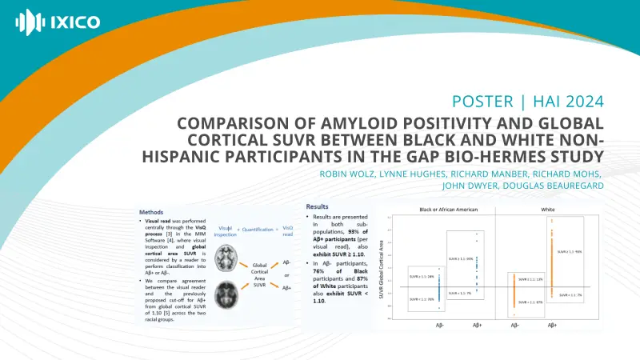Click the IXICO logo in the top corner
58,21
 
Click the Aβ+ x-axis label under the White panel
552,326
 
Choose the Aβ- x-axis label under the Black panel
439,326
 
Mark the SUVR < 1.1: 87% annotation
530,302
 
